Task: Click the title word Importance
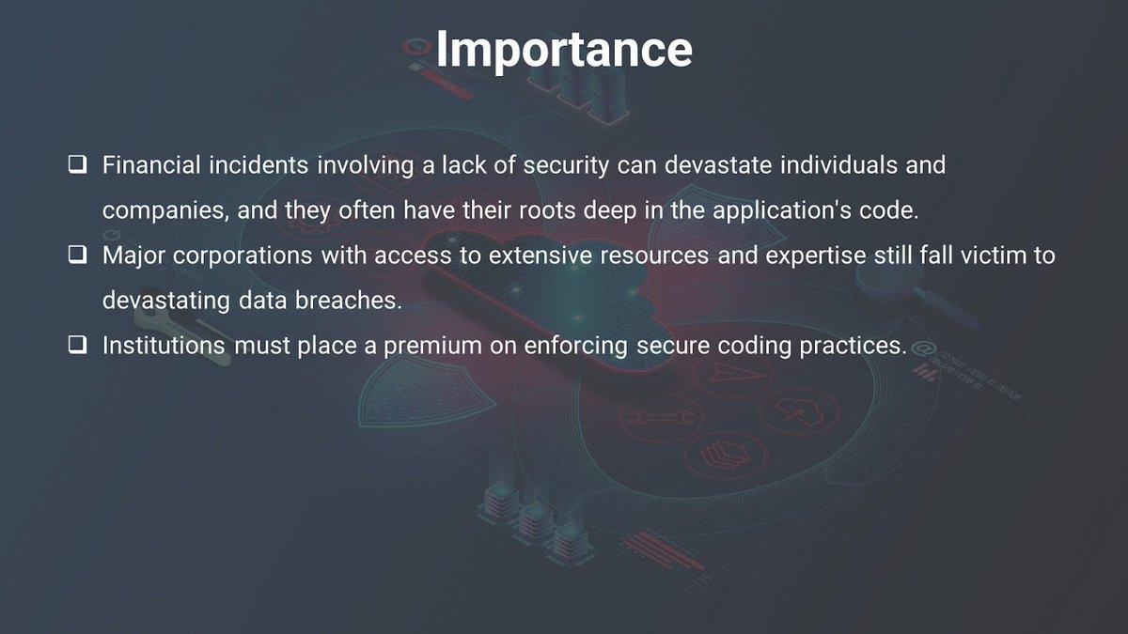pos(564,49)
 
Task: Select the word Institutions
pos(164,346)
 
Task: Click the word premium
pos(429,346)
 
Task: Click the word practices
pos(852,346)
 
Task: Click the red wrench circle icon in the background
pos(660,416)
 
